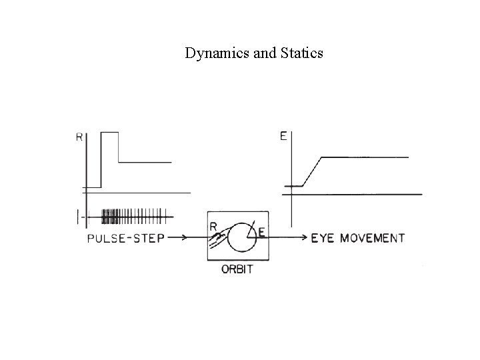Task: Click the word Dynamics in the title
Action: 209,53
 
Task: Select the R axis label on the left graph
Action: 79,138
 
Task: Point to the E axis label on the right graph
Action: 283,137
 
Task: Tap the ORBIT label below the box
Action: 238,270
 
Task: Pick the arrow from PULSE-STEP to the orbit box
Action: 186,237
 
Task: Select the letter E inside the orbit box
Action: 261,233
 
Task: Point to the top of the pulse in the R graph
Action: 109,133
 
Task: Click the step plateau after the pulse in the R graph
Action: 145,161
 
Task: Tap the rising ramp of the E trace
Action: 312,171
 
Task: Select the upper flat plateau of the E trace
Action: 365,157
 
